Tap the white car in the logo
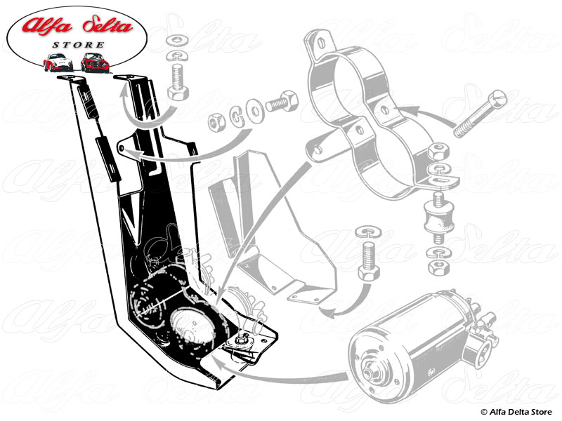pos(58,62)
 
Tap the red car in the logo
pos(93,62)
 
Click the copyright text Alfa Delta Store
pos(518,411)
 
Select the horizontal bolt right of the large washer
pos(278,105)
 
